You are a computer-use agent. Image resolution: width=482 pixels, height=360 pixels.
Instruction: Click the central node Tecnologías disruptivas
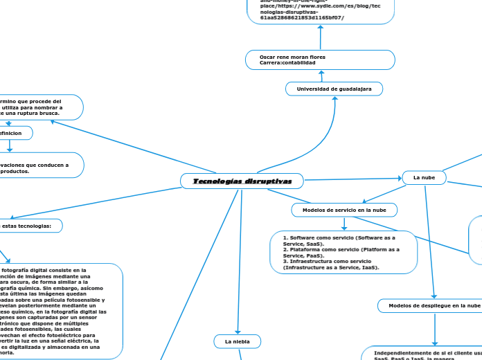point(242,181)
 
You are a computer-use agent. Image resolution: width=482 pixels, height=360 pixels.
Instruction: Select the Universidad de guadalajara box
point(334,89)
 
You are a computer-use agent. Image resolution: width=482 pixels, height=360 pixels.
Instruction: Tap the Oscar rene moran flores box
point(320,60)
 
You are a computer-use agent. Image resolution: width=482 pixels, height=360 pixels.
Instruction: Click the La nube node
point(424,178)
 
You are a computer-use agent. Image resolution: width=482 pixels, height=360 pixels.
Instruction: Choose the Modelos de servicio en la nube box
point(344,209)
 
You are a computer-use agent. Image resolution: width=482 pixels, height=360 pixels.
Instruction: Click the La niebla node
point(238,341)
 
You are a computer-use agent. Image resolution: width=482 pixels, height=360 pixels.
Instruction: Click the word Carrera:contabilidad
point(287,63)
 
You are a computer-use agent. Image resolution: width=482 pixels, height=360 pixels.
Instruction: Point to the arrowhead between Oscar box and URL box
point(320,28)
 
